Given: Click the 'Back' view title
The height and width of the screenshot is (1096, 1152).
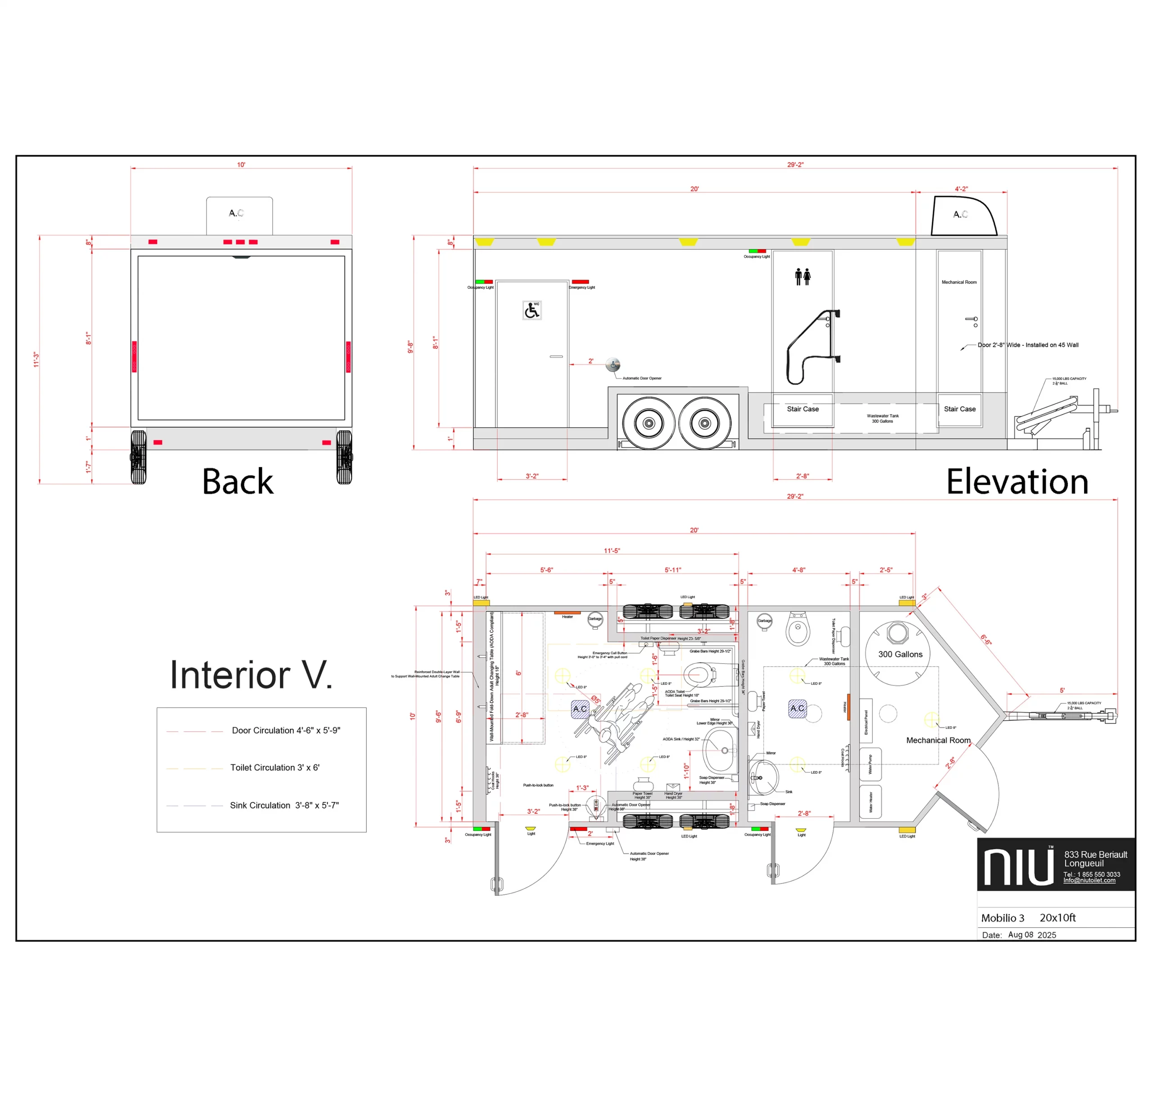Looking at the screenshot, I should coord(237,482).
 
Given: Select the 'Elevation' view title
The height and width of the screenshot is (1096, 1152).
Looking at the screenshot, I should coord(1017,482).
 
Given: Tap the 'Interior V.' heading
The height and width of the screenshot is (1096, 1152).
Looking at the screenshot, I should coord(251,675).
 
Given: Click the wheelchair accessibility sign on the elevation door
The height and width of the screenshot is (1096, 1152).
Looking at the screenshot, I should coord(531,310).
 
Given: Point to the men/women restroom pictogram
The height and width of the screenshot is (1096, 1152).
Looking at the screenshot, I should coord(803,276).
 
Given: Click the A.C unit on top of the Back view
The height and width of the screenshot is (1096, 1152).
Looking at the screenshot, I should coord(239,215).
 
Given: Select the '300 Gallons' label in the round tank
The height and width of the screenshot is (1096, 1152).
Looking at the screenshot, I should coord(900,654).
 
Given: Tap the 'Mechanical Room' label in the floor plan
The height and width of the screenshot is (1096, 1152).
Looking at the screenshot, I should coord(938,740).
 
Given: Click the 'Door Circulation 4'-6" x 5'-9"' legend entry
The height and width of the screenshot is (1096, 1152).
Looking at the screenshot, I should coord(286,730).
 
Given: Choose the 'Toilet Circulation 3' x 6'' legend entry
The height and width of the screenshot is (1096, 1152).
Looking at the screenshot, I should coord(274,768).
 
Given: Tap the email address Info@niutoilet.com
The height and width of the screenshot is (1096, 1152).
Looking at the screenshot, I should coord(1089,880).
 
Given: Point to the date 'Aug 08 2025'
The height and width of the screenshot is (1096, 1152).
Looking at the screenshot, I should coord(1032,935).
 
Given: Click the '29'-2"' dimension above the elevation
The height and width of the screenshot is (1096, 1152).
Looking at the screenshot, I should coord(795,165).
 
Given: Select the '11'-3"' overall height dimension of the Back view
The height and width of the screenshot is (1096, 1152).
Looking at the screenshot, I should coord(36,359).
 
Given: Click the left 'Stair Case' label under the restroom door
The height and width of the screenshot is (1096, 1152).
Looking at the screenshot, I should coord(803,409).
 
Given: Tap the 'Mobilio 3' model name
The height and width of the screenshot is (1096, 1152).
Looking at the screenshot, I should coord(1003,918).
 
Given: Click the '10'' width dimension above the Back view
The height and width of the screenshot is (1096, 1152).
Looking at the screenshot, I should coord(241,165).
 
